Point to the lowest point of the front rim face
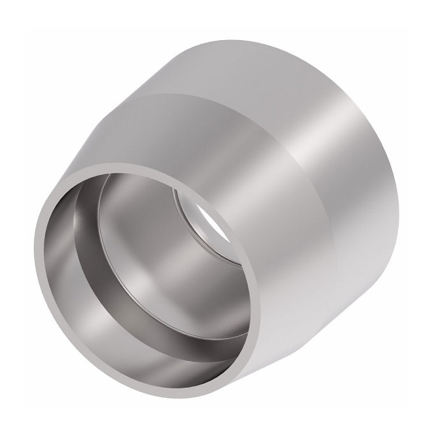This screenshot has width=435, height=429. coord(159,388)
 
